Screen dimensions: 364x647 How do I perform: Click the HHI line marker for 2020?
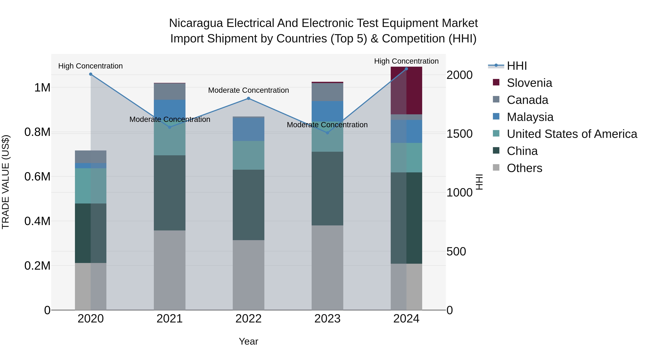[91, 74]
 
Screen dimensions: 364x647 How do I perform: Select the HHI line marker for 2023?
[327, 133]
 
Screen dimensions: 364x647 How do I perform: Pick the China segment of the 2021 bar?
[169, 193]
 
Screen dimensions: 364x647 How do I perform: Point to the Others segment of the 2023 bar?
[327, 267]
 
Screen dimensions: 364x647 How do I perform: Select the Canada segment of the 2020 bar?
[91, 157]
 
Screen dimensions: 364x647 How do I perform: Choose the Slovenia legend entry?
[529, 83]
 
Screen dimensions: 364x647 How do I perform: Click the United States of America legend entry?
[572, 134]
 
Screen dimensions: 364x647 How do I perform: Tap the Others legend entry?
[524, 168]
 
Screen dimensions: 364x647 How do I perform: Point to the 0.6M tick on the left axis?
[37, 177]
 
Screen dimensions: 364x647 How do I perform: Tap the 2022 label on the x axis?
[248, 319]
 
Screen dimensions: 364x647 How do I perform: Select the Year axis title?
[248, 341]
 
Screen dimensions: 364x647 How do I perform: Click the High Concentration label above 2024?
[406, 61]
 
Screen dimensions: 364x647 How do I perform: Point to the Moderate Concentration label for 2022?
[248, 90]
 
